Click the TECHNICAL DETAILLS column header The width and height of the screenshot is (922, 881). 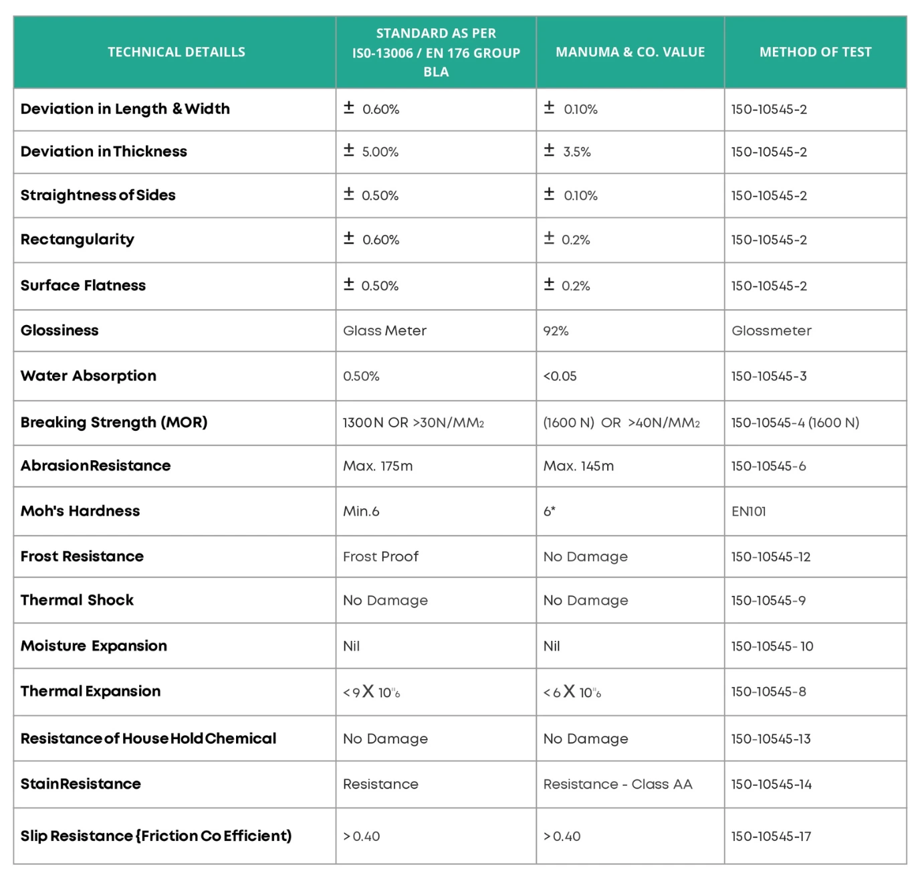pyautogui.click(x=176, y=52)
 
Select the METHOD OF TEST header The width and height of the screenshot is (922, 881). pyautogui.click(x=815, y=52)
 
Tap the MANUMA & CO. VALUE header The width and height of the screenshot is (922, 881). pyautogui.click(x=630, y=52)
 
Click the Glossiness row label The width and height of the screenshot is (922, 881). pyautogui.click(x=60, y=330)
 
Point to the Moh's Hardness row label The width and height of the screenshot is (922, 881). pyautogui.click(x=80, y=511)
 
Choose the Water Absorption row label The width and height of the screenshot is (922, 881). pyautogui.click(x=88, y=376)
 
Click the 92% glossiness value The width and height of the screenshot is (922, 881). pyautogui.click(x=556, y=331)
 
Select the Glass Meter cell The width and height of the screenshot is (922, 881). pyautogui.click(x=384, y=331)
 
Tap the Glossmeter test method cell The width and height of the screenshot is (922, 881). pyautogui.click(x=771, y=331)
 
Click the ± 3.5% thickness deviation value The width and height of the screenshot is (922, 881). pyautogui.click(x=568, y=152)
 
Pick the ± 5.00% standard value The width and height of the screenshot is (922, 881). pyautogui.click(x=371, y=152)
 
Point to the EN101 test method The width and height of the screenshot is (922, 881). pyautogui.click(x=749, y=512)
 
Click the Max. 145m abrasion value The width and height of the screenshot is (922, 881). pyautogui.click(x=578, y=466)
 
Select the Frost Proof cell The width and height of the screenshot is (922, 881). pyautogui.click(x=380, y=557)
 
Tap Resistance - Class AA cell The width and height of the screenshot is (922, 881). pyautogui.click(x=618, y=784)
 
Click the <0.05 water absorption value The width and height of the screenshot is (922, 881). pyautogui.click(x=560, y=377)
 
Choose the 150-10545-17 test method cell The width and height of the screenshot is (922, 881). pyautogui.click(x=771, y=836)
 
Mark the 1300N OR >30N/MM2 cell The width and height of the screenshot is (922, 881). pyautogui.click(x=413, y=423)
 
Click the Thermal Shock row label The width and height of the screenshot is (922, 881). pyautogui.click(x=77, y=600)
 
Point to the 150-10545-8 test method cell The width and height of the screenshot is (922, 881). pyautogui.click(x=768, y=692)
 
